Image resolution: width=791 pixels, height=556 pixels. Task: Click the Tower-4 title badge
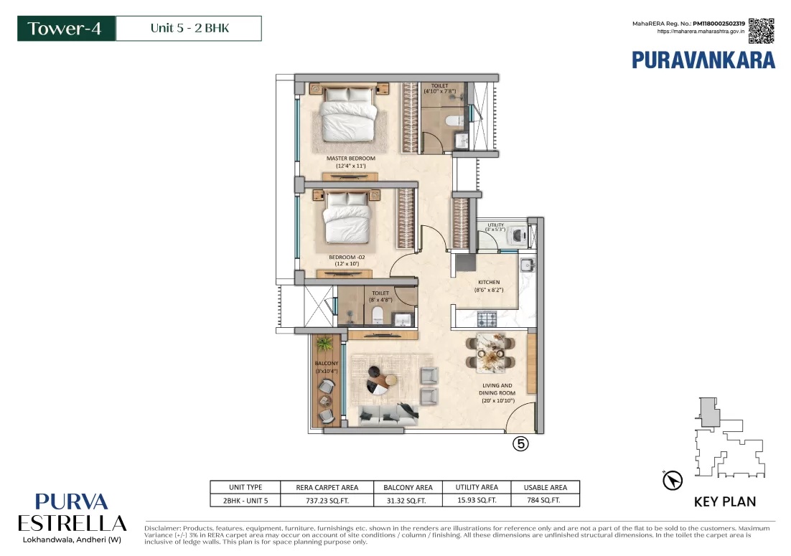tap(66, 29)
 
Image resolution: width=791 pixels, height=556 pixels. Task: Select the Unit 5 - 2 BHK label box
tap(188, 29)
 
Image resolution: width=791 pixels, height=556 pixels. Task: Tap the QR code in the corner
tap(762, 31)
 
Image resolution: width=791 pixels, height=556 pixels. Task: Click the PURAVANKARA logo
tap(703, 60)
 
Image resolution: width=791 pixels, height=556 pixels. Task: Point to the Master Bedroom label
tap(350, 161)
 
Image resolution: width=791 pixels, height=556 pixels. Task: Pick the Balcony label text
tap(326, 367)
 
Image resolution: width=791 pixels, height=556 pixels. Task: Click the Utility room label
tap(495, 227)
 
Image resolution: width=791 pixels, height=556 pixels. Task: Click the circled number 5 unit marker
tap(520, 444)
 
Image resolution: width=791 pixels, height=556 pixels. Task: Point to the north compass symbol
tap(673, 479)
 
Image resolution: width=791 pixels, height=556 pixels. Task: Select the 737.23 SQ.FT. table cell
tap(327, 500)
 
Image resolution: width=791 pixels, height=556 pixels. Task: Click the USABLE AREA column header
tap(545, 487)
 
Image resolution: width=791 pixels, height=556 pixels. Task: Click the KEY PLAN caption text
tap(724, 501)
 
